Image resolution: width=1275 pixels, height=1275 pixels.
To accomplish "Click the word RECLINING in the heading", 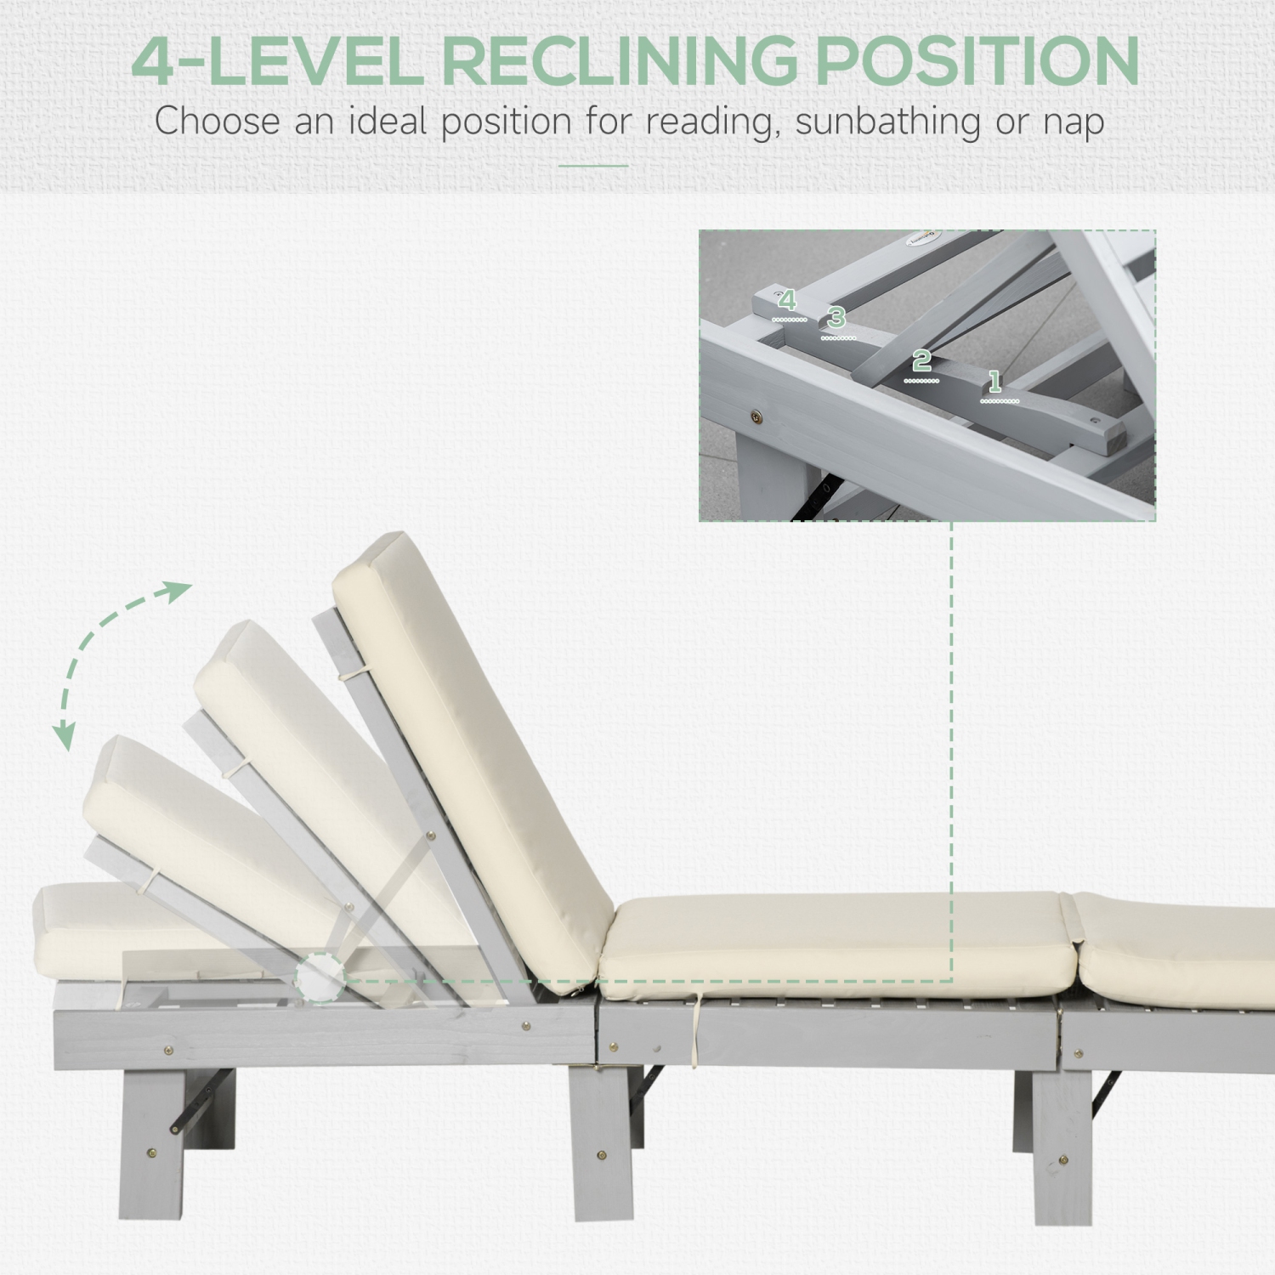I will (619, 61).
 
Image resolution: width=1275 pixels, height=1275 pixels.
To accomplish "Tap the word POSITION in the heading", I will (977, 61).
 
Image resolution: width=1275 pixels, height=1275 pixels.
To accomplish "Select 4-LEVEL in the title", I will (277, 61).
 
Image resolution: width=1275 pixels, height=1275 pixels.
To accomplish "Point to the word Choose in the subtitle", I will (217, 121).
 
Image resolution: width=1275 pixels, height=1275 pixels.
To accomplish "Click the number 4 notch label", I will (788, 300).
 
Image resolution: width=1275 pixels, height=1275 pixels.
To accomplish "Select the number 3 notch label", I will (836, 318).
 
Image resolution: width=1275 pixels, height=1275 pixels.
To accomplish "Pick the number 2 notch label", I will (921, 361).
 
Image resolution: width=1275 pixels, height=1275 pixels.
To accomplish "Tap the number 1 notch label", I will (994, 382).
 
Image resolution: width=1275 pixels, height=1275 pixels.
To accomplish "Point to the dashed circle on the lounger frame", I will (320, 977).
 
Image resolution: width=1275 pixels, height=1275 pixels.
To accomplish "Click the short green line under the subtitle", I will (593, 166).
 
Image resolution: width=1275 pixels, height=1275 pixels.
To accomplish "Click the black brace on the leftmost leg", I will (202, 1098).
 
